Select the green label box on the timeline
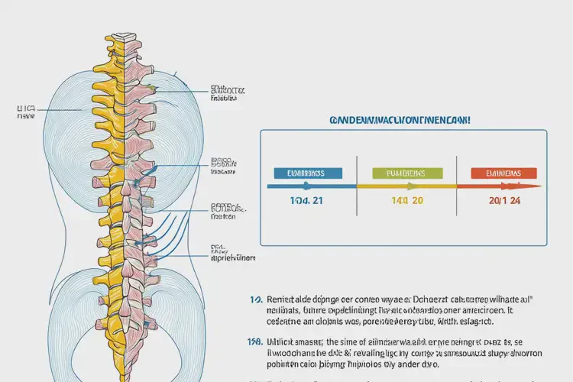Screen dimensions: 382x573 pyautogui.click(x=397, y=173)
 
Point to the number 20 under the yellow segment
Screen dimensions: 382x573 pyautogui.click(x=416, y=201)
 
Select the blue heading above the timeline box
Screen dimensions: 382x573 pyautogui.click(x=399, y=121)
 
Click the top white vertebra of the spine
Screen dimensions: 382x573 pyautogui.click(x=123, y=37)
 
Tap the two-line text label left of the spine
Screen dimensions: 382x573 pyautogui.click(x=26, y=114)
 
